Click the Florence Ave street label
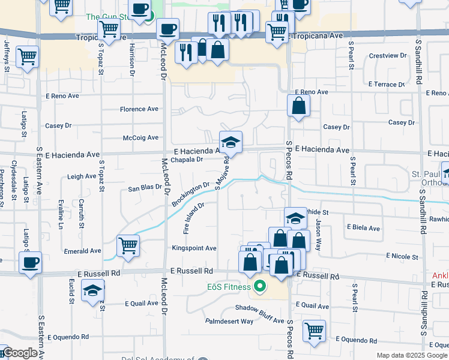[139, 109]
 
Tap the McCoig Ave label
[140, 137]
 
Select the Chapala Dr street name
[187, 160]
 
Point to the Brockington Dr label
[190, 194]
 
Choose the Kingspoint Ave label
[194, 248]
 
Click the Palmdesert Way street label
[229, 321]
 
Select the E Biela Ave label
[363, 228]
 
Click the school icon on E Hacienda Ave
[231, 143]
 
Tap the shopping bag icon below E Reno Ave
[298, 106]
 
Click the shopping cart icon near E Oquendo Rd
[314, 331]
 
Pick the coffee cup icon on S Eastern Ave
[30, 262]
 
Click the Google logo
[19, 353]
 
